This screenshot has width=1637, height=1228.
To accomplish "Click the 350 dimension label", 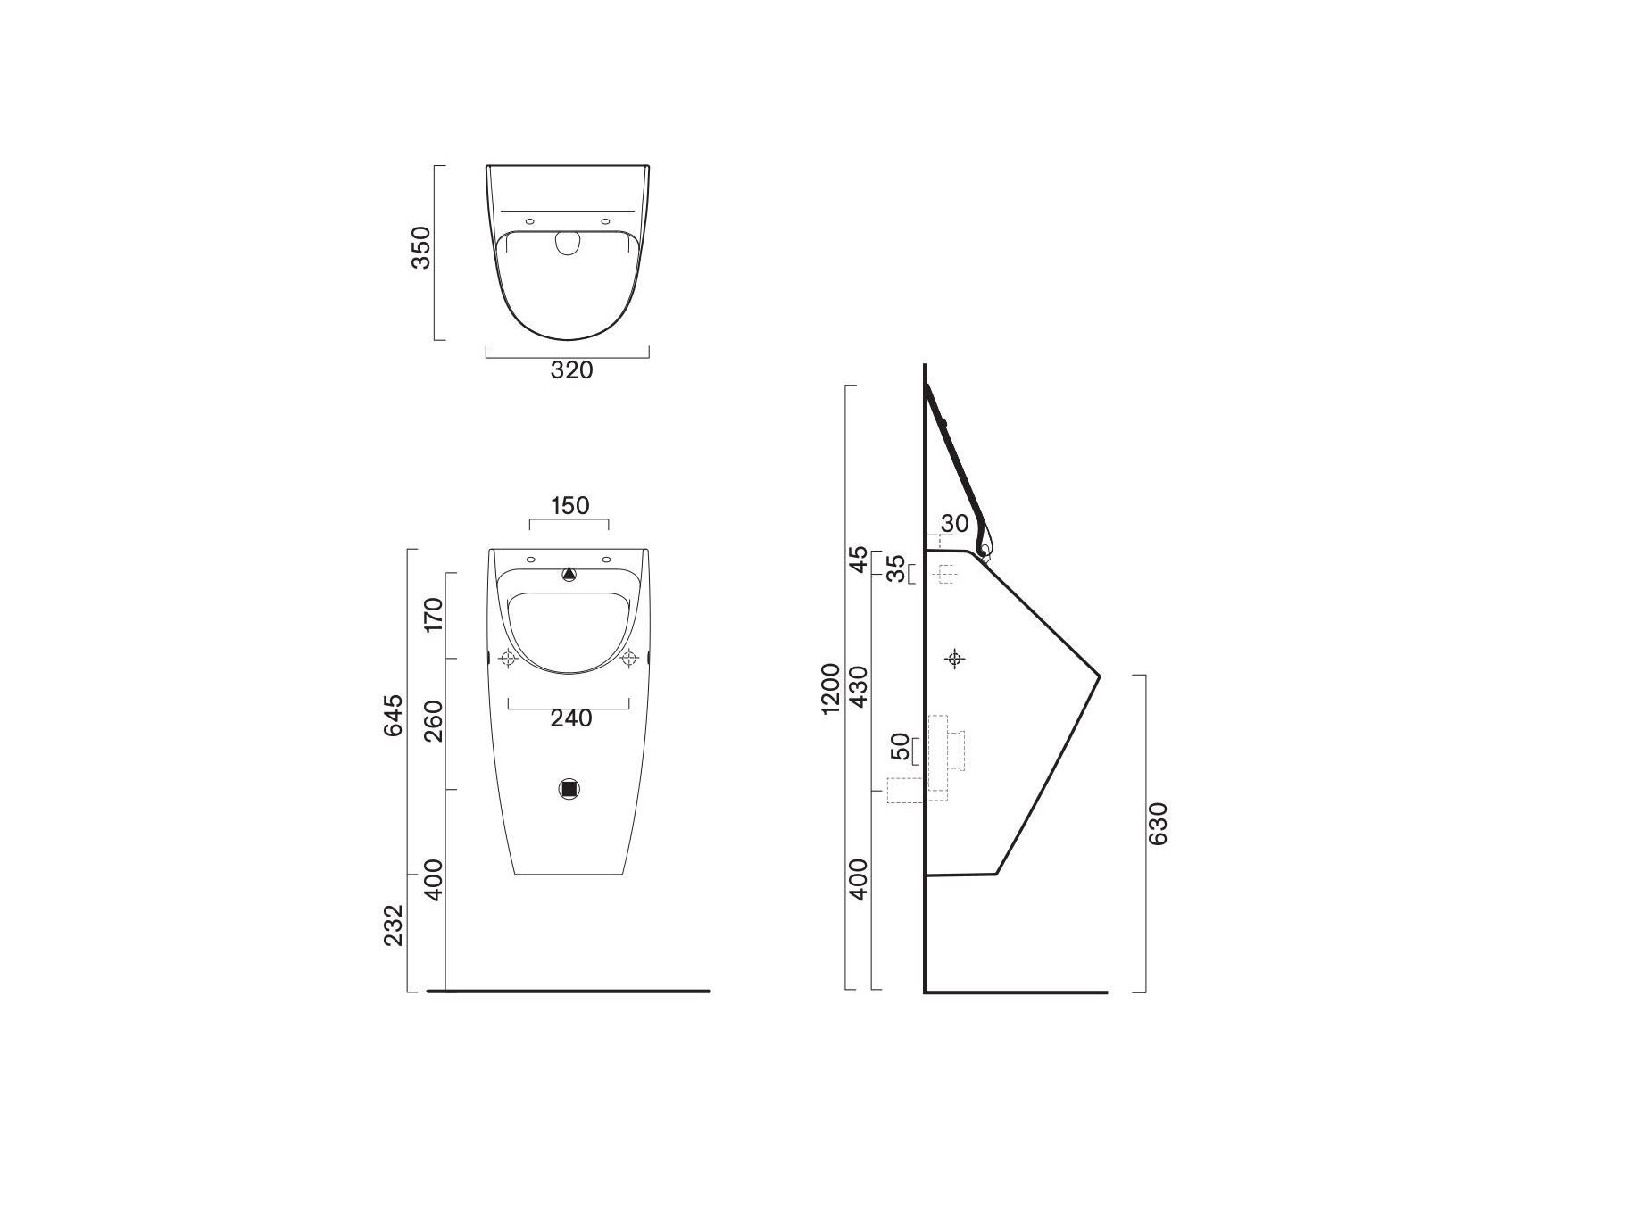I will (420, 247).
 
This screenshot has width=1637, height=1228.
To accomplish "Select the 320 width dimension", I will (571, 369).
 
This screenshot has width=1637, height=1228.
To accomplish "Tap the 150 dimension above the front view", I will (569, 506).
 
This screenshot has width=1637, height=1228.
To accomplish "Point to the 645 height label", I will (394, 715).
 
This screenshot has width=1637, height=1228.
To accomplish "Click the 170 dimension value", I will (433, 615).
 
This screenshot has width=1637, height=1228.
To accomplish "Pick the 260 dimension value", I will (433, 721).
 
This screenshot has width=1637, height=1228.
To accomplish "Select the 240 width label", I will (571, 718).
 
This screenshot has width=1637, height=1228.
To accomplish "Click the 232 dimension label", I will (394, 925).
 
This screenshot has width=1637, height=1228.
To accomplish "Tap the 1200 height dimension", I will (831, 688).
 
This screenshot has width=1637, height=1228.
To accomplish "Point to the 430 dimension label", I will (859, 686).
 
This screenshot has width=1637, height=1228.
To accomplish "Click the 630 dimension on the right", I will (1158, 824).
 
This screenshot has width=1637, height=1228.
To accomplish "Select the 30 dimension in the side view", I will (954, 524).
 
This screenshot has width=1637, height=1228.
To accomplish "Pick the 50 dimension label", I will (902, 746).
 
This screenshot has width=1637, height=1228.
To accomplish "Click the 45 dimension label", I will (859, 560).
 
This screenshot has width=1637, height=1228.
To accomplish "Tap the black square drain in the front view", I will (569, 789).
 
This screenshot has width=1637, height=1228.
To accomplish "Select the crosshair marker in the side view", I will (955, 660).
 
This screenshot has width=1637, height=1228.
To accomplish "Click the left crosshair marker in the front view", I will (509, 660).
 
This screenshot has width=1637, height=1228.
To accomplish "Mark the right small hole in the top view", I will (606, 221).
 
